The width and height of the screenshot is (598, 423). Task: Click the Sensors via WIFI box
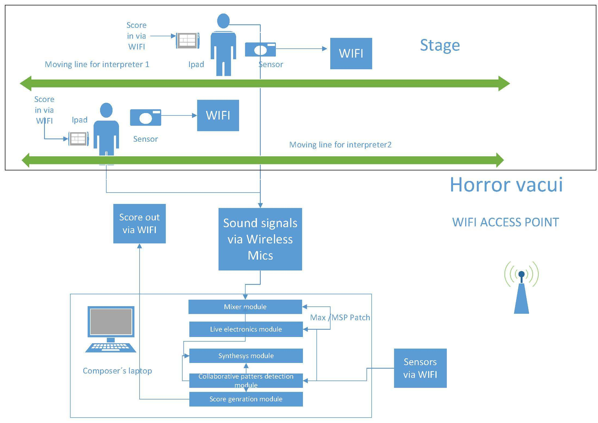click(x=420, y=368)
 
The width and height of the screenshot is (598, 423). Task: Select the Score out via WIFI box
click(x=139, y=224)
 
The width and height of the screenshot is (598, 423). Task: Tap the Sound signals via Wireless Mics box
click(x=260, y=239)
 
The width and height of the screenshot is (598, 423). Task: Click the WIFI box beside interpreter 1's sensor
click(x=351, y=54)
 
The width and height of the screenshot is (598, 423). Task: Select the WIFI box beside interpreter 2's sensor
click(x=218, y=115)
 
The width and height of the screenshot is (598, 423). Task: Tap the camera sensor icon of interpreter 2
click(x=146, y=117)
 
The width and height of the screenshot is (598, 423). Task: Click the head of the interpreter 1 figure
click(x=223, y=21)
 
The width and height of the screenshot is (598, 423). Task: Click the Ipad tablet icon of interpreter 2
click(x=78, y=139)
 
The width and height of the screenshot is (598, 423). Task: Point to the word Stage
click(x=440, y=45)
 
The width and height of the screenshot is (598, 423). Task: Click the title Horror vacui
click(x=506, y=185)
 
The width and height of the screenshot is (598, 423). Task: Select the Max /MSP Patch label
click(x=340, y=318)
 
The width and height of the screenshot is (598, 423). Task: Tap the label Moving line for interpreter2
click(x=340, y=145)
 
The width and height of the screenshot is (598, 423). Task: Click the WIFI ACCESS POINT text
click(x=506, y=222)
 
